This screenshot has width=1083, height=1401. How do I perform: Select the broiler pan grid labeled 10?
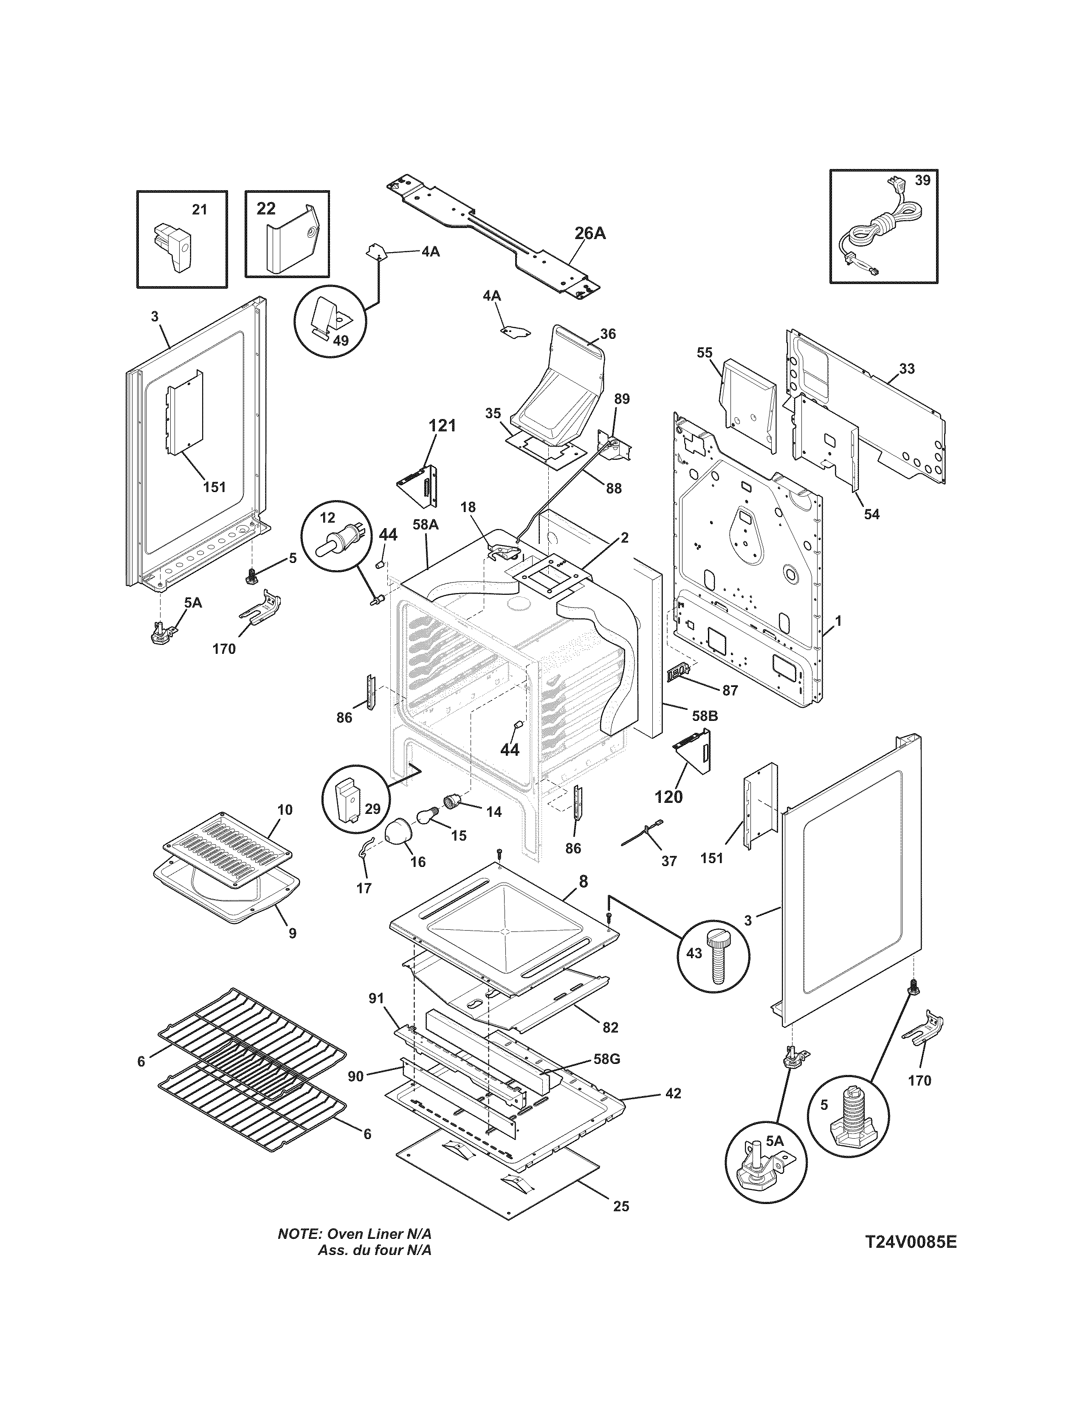(227, 849)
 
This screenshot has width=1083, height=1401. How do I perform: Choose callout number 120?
(668, 797)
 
